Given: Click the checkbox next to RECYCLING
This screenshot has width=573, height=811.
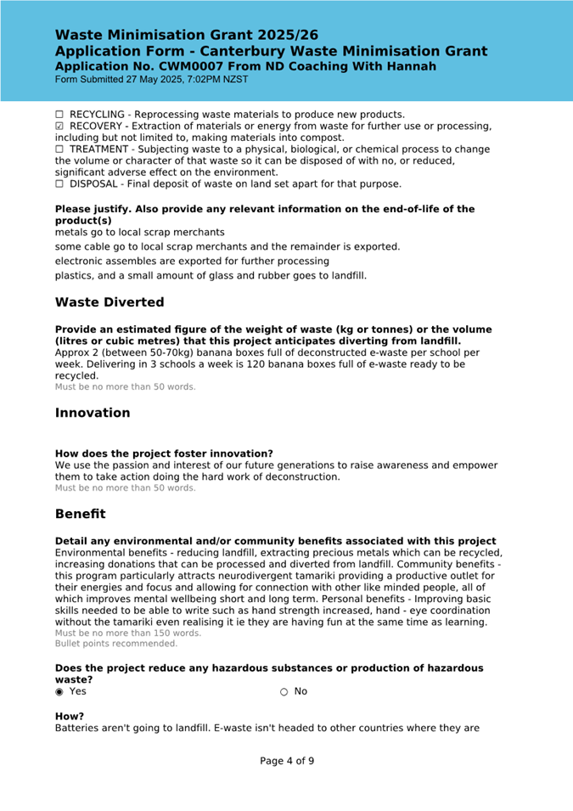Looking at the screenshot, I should pos(59,115).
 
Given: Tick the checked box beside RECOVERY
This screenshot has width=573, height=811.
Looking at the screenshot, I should pos(59,127).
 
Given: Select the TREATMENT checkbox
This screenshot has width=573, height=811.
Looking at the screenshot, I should pos(59,149).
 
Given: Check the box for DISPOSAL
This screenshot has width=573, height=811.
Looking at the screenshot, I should pos(59,183).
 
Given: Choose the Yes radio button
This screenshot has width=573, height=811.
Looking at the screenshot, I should pos(59,691).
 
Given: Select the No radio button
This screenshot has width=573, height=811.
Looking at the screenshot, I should pos(284,691).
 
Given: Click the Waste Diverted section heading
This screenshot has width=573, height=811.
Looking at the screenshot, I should pos(110,302).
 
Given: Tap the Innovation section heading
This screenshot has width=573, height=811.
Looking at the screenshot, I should pos(93,413).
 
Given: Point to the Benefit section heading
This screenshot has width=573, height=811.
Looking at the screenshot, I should pos(81,514).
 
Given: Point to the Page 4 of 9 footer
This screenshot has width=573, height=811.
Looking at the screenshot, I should pos(287,761).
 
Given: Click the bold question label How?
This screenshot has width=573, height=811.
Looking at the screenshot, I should pos(70,716).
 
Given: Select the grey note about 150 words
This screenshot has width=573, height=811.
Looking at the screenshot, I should pos(128,634).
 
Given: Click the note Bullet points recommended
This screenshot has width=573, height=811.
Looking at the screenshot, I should pos(116,645).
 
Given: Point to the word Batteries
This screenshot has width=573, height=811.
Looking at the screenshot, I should pos(79,729).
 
